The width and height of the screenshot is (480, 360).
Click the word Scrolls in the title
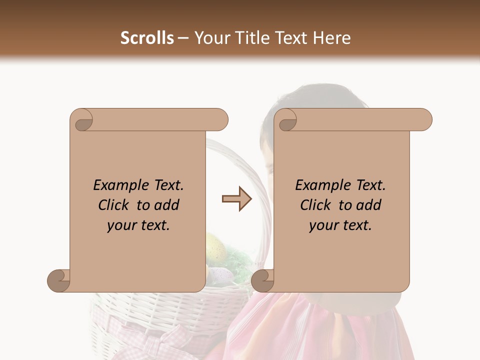click(x=147, y=38)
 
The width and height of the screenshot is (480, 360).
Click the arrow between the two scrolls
click(x=237, y=199)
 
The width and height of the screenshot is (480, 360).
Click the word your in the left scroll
click(x=122, y=226)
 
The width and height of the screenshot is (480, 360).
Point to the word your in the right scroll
click(x=324, y=226)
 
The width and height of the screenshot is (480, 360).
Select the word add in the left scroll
click(x=167, y=205)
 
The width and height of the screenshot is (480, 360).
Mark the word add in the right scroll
click(x=369, y=205)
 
